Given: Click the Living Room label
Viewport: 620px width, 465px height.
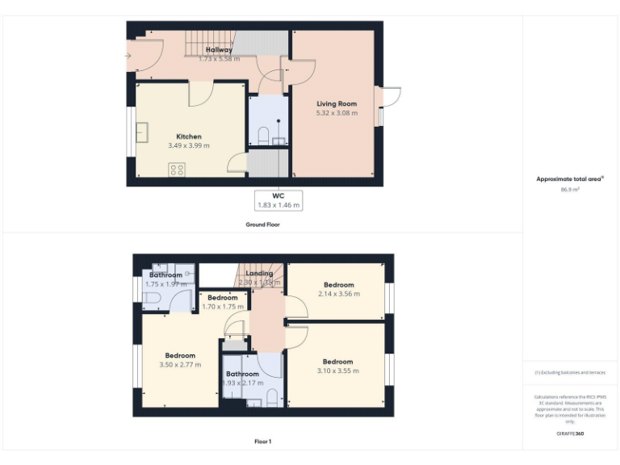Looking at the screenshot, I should click(x=337, y=104).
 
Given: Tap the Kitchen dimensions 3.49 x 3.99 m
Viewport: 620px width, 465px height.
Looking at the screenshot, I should click(x=189, y=145).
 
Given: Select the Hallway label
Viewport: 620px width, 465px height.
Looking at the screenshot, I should click(x=219, y=50).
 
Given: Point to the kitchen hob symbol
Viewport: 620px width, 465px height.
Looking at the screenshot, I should click(x=176, y=170).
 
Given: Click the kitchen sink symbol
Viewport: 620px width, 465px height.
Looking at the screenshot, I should click(x=142, y=132).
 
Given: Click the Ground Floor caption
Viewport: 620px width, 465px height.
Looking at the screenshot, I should click(x=262, y=224).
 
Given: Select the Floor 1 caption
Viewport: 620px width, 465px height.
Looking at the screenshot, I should click(x=262, y=442).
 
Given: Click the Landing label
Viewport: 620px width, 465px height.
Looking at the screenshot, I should click(x=259, y=274).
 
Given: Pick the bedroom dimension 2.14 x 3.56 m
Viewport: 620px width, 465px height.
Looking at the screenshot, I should click(x=339, y=294).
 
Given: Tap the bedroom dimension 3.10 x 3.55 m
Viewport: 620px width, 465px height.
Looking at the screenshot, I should click(x=338, y=371).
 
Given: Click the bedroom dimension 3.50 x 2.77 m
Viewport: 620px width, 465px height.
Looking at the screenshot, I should click(x=180, y=365).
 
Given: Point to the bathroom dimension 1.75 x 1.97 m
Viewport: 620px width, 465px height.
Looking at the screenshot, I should click(x=165, y=283).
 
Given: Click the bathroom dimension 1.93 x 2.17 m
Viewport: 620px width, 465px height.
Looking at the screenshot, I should click(x=242, y=383).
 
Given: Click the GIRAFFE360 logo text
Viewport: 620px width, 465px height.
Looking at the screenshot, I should click(x=571, y=434).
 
